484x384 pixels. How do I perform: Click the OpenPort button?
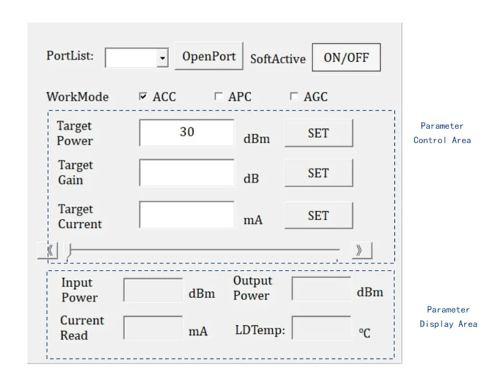click(x=209, y=56)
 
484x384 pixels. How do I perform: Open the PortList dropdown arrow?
click(x=163, y=57)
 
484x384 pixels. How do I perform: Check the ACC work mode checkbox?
click(x=143, y=96)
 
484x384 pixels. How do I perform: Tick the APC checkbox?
click(x=218, y=96)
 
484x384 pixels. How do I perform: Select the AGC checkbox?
click(x=294, y=96)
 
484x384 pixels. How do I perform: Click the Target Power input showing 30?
click(x=187, y=133)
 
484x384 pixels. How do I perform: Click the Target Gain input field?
click(x=187, y=172)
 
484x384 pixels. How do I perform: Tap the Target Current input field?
click(x=187, y=214)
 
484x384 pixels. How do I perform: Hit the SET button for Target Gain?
click(x=319, y=173)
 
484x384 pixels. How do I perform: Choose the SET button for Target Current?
click(x=319, y=216)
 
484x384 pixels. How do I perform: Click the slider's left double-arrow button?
click(x=48, y=250)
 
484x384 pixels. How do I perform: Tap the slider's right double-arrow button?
click(x=362, y=250)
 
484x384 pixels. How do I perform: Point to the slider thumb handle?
click(x=69, y=250)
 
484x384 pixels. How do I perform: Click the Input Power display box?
click(x=153, y=290)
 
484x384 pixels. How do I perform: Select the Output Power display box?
click(x=321, y=288)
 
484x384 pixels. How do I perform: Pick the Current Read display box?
click(x=153, y=327)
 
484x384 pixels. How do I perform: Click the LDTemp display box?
click(x=321, y=327)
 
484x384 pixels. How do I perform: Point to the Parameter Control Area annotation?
click(x=442, y=133)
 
